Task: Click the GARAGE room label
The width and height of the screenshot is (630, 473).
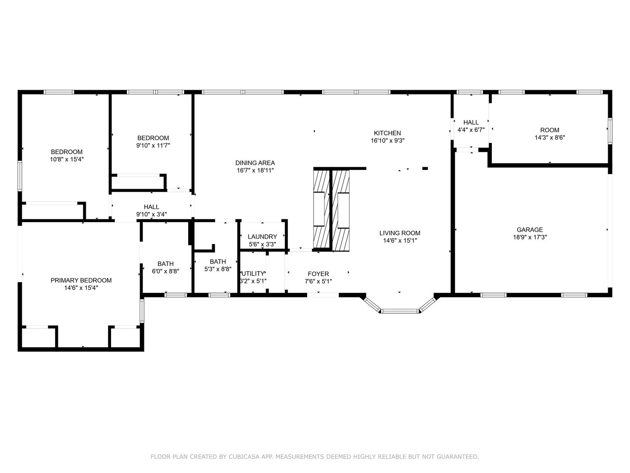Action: [x=529, y=230]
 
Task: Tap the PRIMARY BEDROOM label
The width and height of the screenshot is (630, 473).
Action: [x=81, y=280]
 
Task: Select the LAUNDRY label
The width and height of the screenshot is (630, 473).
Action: [x=262, y=236]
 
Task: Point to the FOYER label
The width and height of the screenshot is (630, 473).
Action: [x=318, y=274]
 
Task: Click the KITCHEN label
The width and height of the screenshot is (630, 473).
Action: [x=387, y=133]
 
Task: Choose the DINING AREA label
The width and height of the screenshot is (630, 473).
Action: [x=255, y=163]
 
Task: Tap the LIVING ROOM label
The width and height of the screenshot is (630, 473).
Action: [x=400, y=233]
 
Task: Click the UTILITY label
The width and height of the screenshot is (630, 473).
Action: [x=253, y=273]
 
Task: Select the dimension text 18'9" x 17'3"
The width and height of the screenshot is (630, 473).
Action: [x=530, y=237]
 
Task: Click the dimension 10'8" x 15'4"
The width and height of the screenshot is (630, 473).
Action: [x=67, y=159]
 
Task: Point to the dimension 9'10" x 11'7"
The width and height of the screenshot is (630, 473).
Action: [x=153, y=145]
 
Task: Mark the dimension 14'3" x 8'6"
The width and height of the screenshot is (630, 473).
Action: [x=549, y=138]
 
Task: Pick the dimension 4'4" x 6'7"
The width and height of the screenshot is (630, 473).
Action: [x=471, y=130]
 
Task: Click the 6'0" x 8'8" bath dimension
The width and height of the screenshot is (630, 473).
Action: [x=166, y=271]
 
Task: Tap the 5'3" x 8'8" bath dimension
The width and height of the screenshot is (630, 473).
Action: [x=218, y=269]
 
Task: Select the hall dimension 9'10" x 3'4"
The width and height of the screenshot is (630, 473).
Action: [x=151, y=214]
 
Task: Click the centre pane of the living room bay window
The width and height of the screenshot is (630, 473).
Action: [x=400, y=311]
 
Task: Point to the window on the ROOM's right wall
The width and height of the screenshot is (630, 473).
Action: [x=610, y=131]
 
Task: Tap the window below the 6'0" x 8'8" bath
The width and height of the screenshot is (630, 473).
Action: [x=175, y=295]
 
